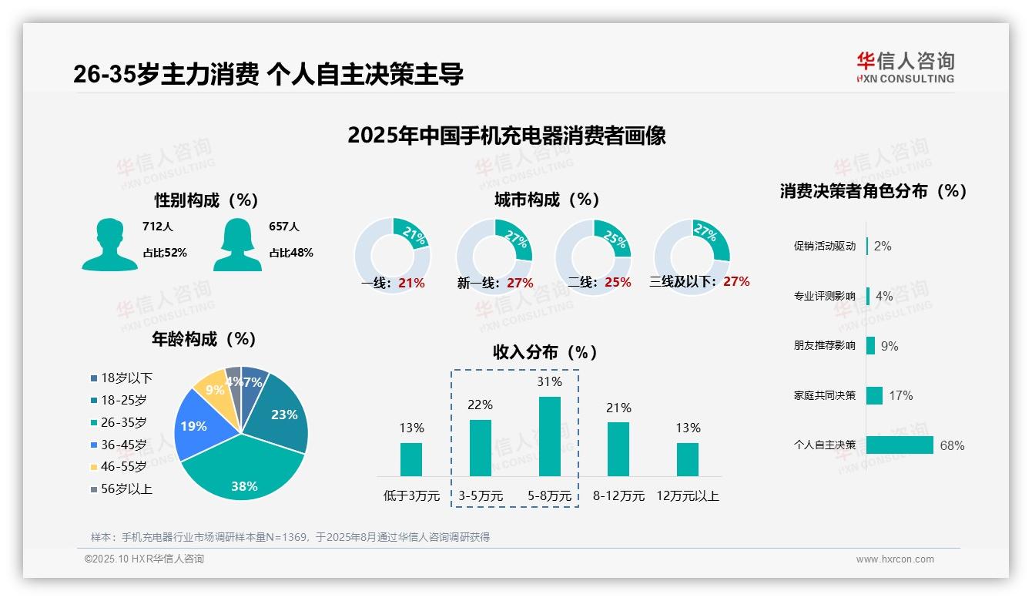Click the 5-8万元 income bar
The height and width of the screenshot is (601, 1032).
[x=549, y=436]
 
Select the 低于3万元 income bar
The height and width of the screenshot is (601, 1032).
[x=411, y=459]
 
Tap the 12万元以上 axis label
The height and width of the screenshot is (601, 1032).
[x=687, y=496]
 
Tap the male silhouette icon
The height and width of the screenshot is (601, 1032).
[x=110, y=244]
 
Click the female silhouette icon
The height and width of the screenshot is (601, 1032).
[x=237, y=244]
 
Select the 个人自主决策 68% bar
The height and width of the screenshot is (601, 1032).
[x=900, y=445]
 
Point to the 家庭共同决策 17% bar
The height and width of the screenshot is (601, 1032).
[x=874, y=395]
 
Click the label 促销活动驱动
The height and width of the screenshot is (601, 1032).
[x=824, y=247]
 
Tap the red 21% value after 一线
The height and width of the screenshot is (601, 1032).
[x=411, y=283]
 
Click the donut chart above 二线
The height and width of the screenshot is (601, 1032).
[x=593, y=247]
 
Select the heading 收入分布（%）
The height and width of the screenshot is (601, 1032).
[x=545, y=352]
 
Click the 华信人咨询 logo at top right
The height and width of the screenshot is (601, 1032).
[x=905, y=67]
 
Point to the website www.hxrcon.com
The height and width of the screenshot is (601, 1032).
[x=894, y=559]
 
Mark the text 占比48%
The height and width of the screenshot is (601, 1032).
[x=290, y=253]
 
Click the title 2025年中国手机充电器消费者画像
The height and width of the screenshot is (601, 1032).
[x=506, y=136]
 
